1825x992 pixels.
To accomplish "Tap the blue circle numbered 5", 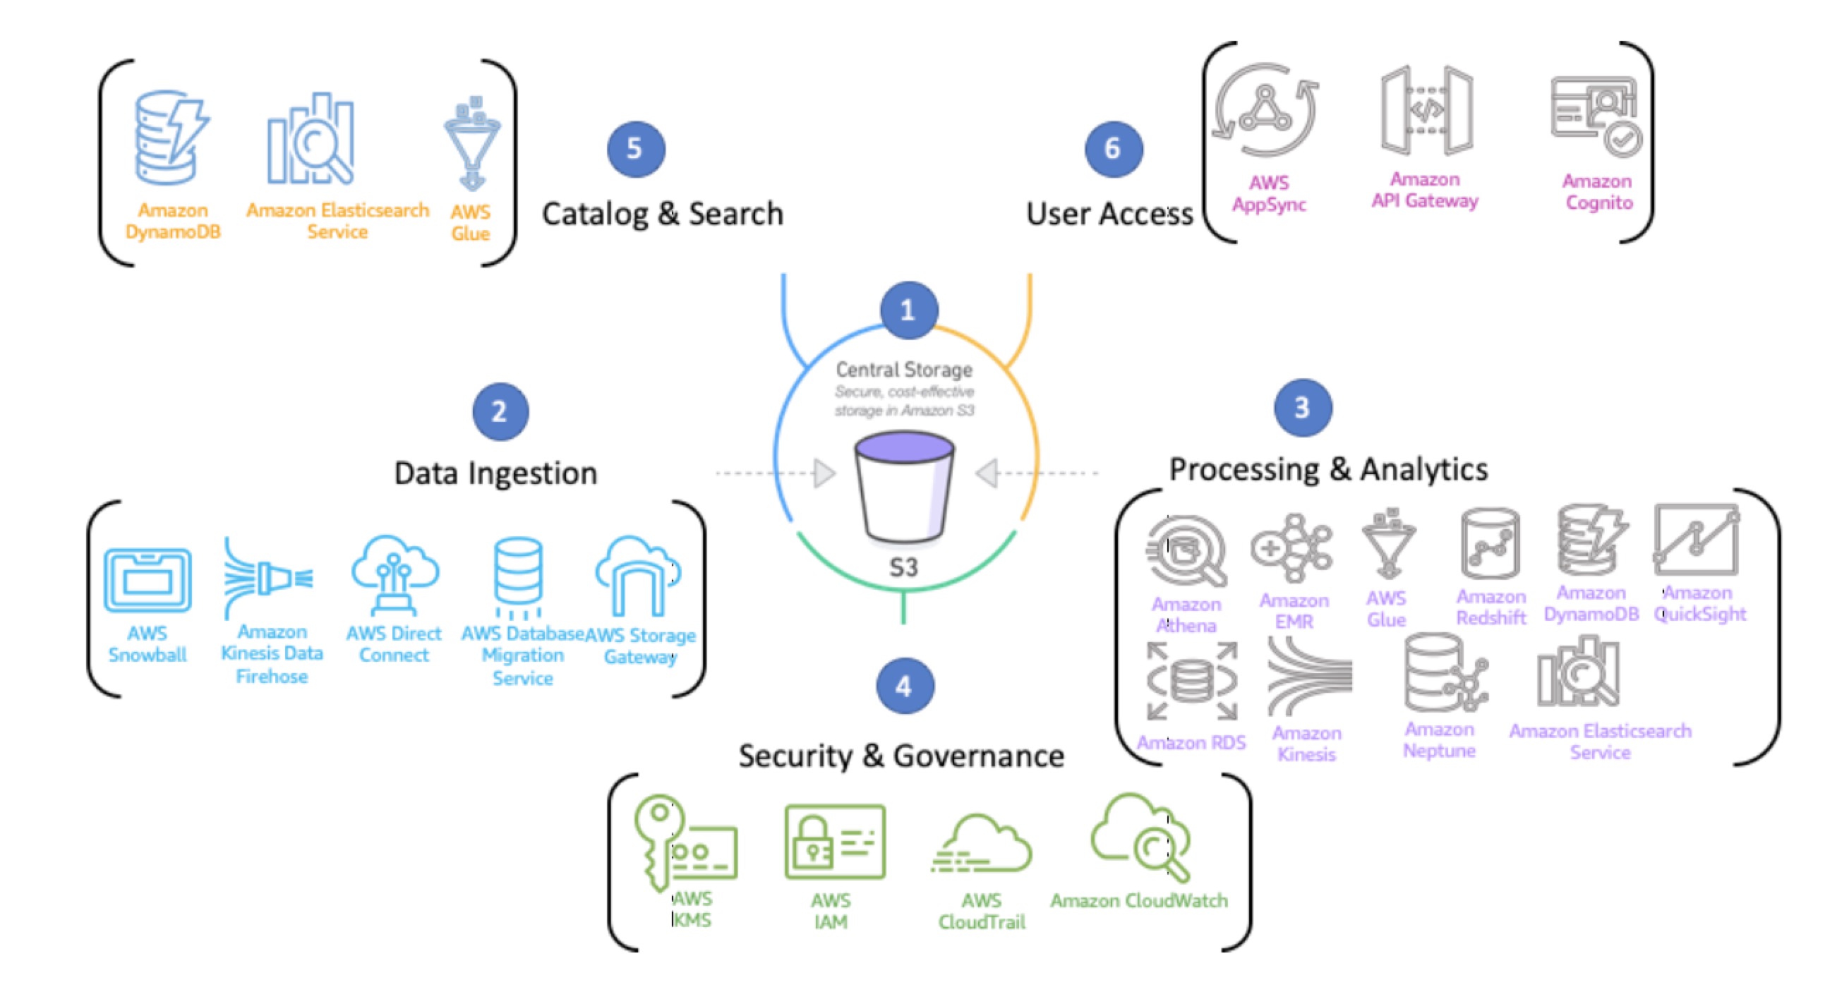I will click(x=635, y=149).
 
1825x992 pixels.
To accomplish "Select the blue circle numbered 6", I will click(x=1113, y=149).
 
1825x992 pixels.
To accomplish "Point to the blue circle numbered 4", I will click(x=904, y=685).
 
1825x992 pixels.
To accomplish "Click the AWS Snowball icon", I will click(x=147, y=579).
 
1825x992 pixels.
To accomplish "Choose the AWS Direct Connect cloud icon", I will click(x=394, y=574).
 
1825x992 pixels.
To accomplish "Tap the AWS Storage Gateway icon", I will click(x=637, y=576).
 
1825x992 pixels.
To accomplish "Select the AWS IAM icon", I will click(x=835, y=842).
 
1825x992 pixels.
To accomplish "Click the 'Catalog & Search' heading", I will click(x=663, y=214).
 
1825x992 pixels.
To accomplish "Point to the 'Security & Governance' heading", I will click(x=901, y=756).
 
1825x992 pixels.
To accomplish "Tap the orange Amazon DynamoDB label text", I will click(x=173, y=221).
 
